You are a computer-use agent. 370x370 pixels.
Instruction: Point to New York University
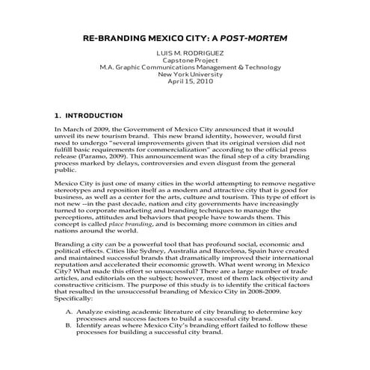click(185, 74)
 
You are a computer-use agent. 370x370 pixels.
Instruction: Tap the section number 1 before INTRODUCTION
click(58, 116)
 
